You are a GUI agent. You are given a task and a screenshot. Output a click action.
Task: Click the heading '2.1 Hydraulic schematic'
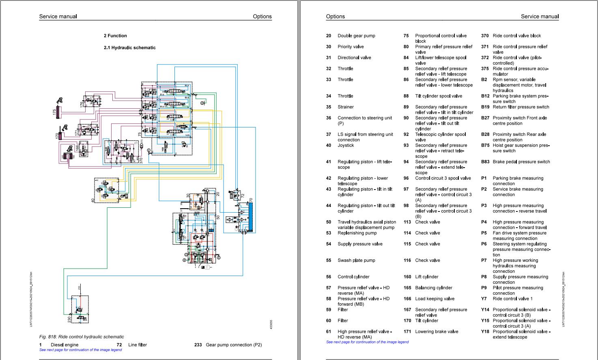tap(129, 47)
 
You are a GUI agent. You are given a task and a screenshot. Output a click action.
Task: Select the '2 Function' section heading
tap(115, 36)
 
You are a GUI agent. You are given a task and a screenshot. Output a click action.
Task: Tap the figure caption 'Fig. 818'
tap(82, 336)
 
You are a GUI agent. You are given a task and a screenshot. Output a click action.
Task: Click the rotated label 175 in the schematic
tap(54, 112)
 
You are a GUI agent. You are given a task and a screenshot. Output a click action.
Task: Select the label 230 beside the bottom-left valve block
tap(69, 319)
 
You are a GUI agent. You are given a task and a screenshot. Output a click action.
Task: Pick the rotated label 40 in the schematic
tap(93, 199)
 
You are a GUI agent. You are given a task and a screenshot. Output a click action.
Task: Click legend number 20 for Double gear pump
tap(328, 36)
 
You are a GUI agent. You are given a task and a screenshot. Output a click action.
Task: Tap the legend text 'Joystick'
tap(346, 145)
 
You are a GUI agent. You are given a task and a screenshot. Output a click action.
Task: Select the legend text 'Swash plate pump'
tap(356, 261)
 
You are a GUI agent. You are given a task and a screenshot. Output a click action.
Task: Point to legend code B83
tap(485, 162)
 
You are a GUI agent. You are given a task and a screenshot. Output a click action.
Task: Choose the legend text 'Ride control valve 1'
tap(512, 299)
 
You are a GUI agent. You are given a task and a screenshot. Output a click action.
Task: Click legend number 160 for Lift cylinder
tap(407, 277)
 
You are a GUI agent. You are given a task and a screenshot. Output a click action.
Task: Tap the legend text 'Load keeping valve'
tap(435, 299)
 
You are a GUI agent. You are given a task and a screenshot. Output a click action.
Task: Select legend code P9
tap(484, 288)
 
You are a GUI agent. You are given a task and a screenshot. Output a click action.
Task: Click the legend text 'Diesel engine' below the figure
tap(65, 345)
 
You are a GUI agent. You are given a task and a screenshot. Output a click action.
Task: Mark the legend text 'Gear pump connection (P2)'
tap(234, 345)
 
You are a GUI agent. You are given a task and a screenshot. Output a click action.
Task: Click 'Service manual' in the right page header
tap(540, 17)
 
